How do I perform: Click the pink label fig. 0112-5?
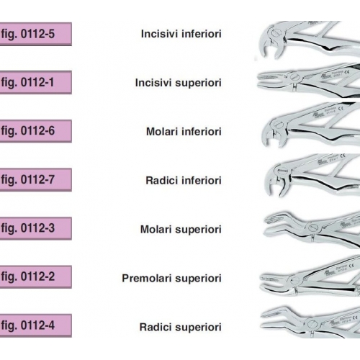pyautogui.click(x=35, y=34)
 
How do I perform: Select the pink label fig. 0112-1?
pyautogui.click(x=35, y=82)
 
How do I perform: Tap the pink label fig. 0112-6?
pyautogui.click(x=35, y=131)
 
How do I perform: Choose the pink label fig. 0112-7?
pyautogui.click(x=35, y=179)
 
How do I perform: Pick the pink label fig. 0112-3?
pyautogui.click(x=35, y=228)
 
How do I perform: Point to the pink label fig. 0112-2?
pyautogui.click(x=35, y=276)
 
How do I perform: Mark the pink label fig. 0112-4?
pyautogui.click(x=35, y=325)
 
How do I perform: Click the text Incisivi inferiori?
pyautogui.click(x=181, y=34)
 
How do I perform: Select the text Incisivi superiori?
pyautogui.click(x=178, y=83)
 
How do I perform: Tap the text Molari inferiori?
pyautogui.click(x=184, y=132)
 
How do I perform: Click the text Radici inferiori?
pyautogui.click(x=184, y=180)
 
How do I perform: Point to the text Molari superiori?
pyautogui.click(x=181, y=230)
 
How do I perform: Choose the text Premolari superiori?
pyautogui.click(x=171, y=279)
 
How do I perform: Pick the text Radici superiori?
pyautogui.click(x=180, y=327)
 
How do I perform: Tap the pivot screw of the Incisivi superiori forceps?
pyautogui.click(x=294, y=77)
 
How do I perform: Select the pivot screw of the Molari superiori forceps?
pyautogui.click(x=312, y=227)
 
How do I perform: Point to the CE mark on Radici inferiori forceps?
pyautogui.click(x=343, y=156)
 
